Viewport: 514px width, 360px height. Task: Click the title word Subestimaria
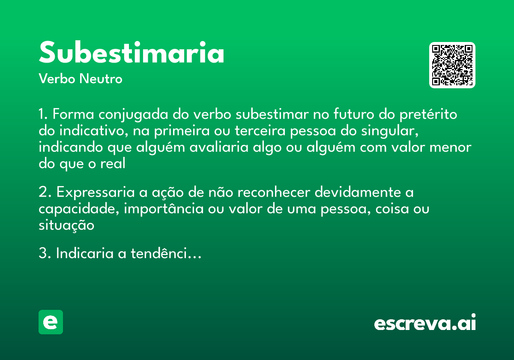(x=131, y=53)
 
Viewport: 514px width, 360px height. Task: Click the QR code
(x=452, y=65)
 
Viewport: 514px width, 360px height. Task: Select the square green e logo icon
(x=51, y=322)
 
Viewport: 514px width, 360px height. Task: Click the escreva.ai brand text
(x=425, y=323)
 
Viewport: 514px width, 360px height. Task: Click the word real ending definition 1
(x=113, y=164)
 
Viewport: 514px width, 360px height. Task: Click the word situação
(x=66, y=225)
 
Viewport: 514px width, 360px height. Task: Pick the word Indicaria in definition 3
(x=85, y=254)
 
